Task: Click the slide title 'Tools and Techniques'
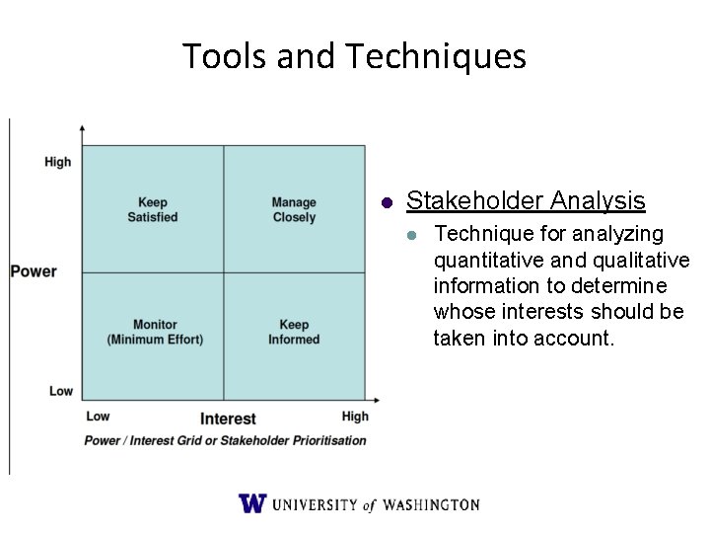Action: pyautogui.click(x=354, y=56)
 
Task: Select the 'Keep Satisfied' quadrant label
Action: pyautogui.click(x=153, y=210)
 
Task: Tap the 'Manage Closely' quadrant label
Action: pyautogui.click(x=294, y=210)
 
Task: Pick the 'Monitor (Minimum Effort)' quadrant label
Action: pyautogui.click(x=155, y=332)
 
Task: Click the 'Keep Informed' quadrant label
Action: pyautogui.click(x=294, y=332)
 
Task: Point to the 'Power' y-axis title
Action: pyautogui.click(x=34, y=271)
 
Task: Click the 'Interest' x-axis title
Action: pyautogui.click(x=228, y=419)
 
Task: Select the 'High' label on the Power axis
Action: pyautogui.click(x=58, y=162)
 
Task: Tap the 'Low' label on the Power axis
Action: pyautogui.click(x=61, y=391)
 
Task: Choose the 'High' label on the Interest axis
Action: pyautogui.click(x=355, y=417)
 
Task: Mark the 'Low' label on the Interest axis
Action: pyautogui.click(x=98, y=417)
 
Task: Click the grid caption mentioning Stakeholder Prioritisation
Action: pyautogui.click(x=226, y=441)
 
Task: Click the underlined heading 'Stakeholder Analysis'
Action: pyautogui.click(x=526, y=201)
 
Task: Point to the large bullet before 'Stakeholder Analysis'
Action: pyautogui.click(x=388, y=203)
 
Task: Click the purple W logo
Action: pyautogui.click(x=252, y=503)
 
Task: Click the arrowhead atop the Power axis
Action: pyautogui.click(x=82, y=128)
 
